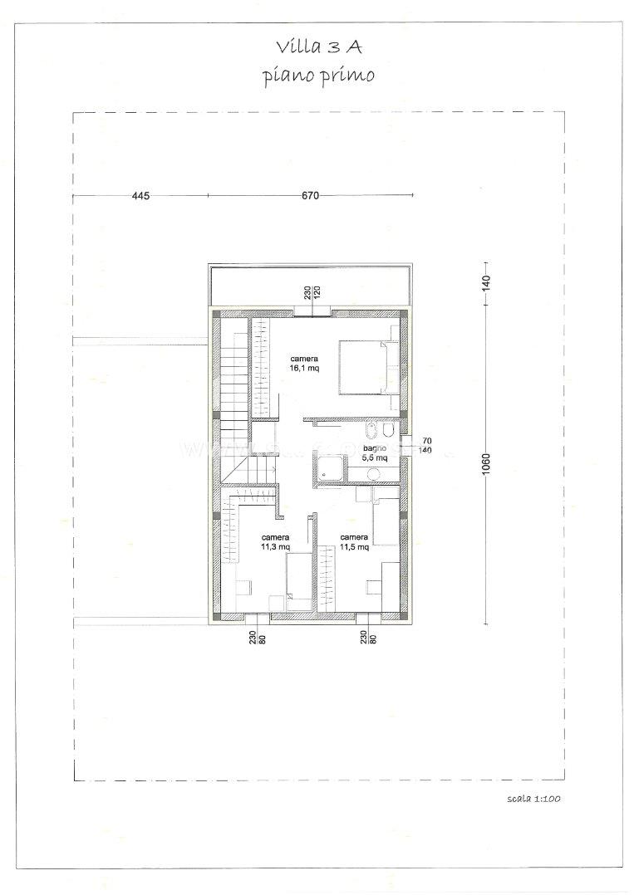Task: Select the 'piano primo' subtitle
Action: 318,76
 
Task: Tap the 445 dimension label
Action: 140,196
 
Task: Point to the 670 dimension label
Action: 310,196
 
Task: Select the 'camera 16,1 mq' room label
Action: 304,364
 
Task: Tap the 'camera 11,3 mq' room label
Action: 275,541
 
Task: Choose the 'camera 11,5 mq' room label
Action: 354,541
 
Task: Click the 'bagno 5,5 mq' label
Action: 374,453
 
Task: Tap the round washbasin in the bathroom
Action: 374,474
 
